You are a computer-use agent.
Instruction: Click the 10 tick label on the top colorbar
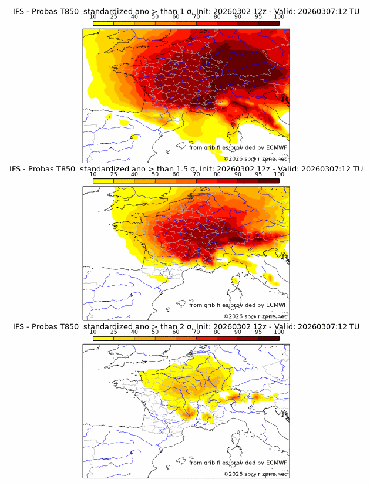[93, 17]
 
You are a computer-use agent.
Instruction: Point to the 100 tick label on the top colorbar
[279, 17]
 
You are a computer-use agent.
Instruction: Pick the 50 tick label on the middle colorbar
[155, 174]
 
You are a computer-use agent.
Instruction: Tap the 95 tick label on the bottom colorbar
[258, 332]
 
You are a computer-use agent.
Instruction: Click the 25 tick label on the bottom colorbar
[114, 332]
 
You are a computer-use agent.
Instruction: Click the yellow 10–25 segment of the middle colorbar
[103, 180]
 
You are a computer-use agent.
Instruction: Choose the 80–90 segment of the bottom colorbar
[227, 338]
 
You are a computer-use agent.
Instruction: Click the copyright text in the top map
[255, 158]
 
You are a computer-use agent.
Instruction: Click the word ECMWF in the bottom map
[276, 463]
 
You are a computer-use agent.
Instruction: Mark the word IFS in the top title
[20, 11]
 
